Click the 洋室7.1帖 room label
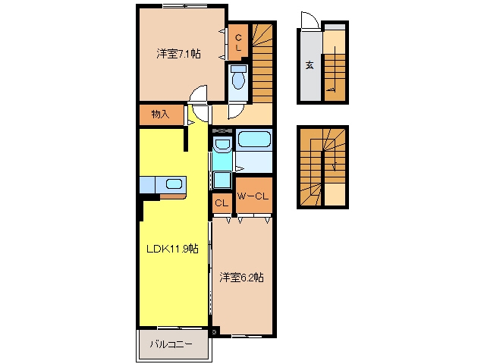178,54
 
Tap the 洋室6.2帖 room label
241,278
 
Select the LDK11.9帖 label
172,248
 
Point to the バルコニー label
171,344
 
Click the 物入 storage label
161,115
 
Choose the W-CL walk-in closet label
253,196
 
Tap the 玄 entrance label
310,65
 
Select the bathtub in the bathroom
254,140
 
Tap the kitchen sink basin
174,184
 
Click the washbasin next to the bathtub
222,144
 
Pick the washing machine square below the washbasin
222,180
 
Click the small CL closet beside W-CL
222,203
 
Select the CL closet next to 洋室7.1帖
238,42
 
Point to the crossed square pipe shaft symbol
214,332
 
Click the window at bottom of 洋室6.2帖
246,336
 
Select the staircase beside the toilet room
262,63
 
